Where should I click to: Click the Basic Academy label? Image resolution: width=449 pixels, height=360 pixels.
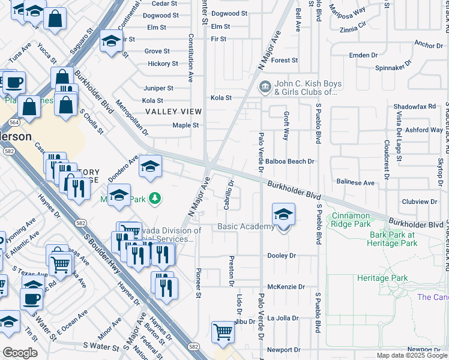pyautogui.click(x=246, y=226)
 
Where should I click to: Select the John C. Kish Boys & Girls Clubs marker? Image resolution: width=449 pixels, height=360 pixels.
pyautogui.click(x=265, y=88)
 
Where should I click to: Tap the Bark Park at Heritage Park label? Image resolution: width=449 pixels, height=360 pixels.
pyautogui.click(x=393, y=239)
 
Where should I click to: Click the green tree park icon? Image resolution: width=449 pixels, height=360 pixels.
pyautogui.click(x=155, y=197)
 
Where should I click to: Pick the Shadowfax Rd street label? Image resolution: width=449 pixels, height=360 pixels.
pyautogui.click(x=414, y=106)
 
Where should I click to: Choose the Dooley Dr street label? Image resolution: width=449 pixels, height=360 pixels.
pyautogui.click(x=282, y=256)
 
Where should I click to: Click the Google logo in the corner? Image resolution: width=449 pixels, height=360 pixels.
pyautogui.click(x=20, y=353)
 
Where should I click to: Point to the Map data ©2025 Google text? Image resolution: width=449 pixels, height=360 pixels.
pyautogui.click(x=411, y=355)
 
